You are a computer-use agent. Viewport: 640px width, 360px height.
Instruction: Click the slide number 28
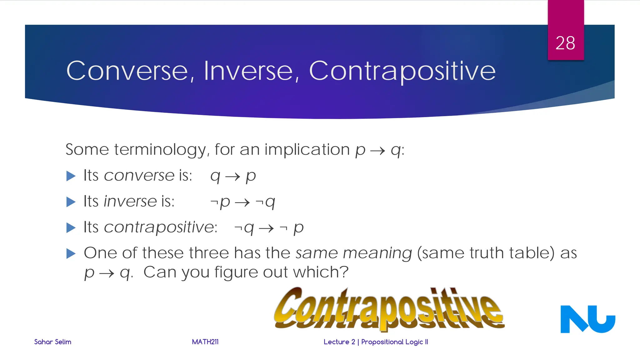click(565, 43)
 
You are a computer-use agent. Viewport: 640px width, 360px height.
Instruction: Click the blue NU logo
click(587, 319)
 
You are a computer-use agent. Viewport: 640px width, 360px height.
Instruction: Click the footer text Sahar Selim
click(52, 342)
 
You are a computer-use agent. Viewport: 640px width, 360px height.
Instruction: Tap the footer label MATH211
click(205, 342)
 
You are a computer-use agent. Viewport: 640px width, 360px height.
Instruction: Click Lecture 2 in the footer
click(339, 342)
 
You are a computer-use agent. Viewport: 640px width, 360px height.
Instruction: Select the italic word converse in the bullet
click(139, 175)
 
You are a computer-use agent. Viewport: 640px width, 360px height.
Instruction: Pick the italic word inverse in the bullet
click(130, 201)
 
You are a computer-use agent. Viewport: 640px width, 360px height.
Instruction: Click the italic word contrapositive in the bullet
click(159, 227)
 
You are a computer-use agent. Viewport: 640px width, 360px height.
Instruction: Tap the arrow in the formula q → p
click(233, 177)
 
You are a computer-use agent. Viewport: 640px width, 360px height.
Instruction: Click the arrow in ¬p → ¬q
click(242, 203)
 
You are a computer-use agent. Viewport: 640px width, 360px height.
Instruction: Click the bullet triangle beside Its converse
click(71, 176)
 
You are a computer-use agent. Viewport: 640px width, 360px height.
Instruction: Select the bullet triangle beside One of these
click(71, 253)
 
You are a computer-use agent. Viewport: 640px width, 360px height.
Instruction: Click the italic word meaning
click(377, 253)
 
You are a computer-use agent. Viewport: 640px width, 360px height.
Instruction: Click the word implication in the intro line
click(307, 150)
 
